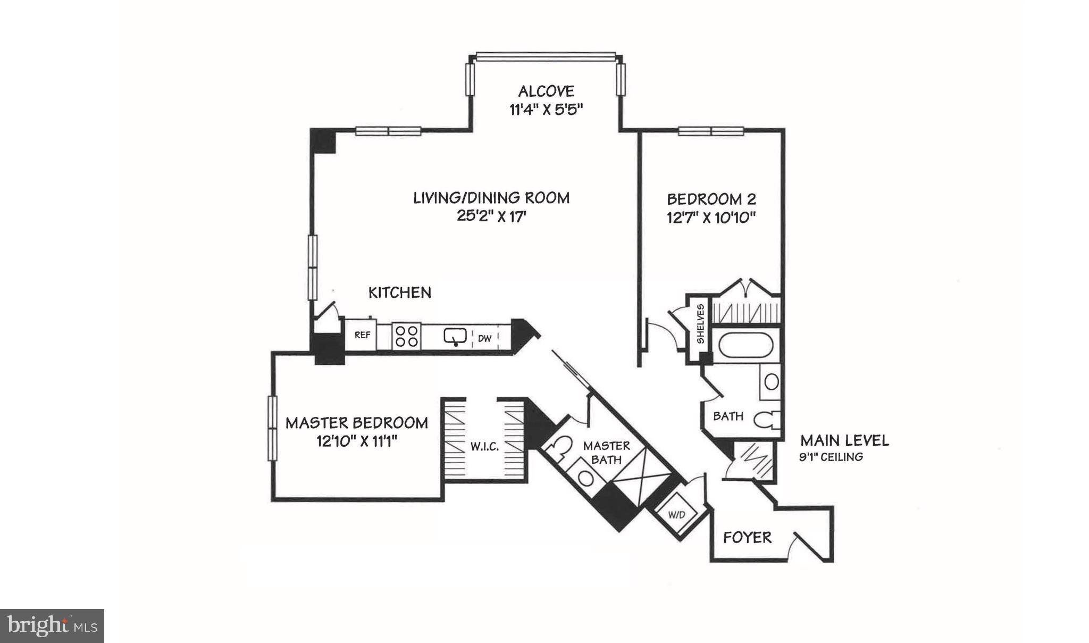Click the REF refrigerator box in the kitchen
pos(362,335)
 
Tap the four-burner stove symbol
pos(406,336)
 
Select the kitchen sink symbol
pos(455,336)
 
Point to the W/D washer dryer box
pos(676,515)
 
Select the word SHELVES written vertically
pos(701,324)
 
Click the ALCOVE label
pos(546,91)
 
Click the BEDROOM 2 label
pos(711,199)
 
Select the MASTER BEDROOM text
pos(357,423)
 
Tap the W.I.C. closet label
pos(484,447)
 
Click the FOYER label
pos(747,538)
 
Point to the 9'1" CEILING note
pos(831,457)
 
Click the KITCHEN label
pos(400,293)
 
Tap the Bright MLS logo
pos(52,626)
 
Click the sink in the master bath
pos(585,478)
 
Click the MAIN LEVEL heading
pos(844,440)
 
